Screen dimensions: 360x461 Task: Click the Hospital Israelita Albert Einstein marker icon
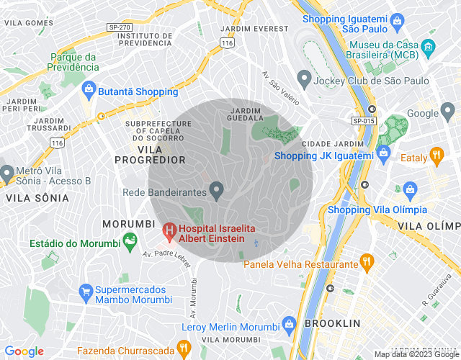tap(169, 232)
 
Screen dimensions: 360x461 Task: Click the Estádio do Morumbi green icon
tap(130, 242)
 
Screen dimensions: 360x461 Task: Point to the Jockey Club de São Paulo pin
tap(303, 81)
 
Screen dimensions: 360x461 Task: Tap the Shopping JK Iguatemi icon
tap(383, 155)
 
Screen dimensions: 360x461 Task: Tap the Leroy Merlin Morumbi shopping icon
tap(289, 324)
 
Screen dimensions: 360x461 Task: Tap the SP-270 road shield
tap(118, 27)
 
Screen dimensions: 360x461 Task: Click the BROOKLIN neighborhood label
tap(332, 323)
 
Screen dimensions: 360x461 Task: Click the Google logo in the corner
tap(24, 351)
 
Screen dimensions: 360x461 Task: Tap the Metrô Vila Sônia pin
tap(7, 174)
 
